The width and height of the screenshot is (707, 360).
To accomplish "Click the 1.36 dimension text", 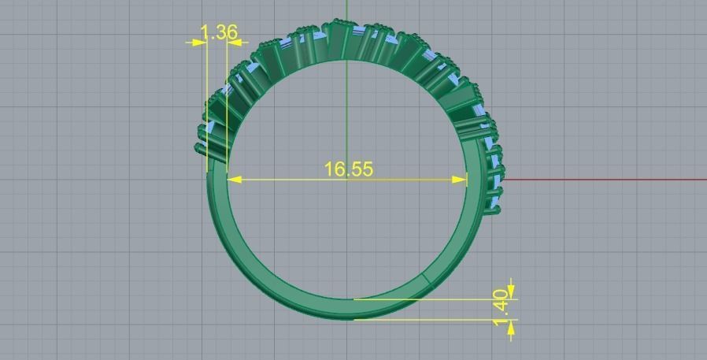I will click(x=219, y=32).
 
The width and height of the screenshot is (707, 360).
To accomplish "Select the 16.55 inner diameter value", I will click(x=348, y=169).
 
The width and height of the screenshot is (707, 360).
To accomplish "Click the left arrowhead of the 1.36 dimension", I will click(x=200, y=42).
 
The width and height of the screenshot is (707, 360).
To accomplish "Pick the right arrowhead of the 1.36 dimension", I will click(x=234, y=42).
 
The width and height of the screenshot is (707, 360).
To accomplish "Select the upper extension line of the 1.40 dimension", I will click(x=433, y=299).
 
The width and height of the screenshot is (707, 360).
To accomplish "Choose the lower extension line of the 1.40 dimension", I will click(x=433, y=319).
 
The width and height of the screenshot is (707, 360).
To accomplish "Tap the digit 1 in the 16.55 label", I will click(x=329, y=169).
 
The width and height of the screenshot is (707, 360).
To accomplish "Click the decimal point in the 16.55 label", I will click(x=347, y=174).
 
